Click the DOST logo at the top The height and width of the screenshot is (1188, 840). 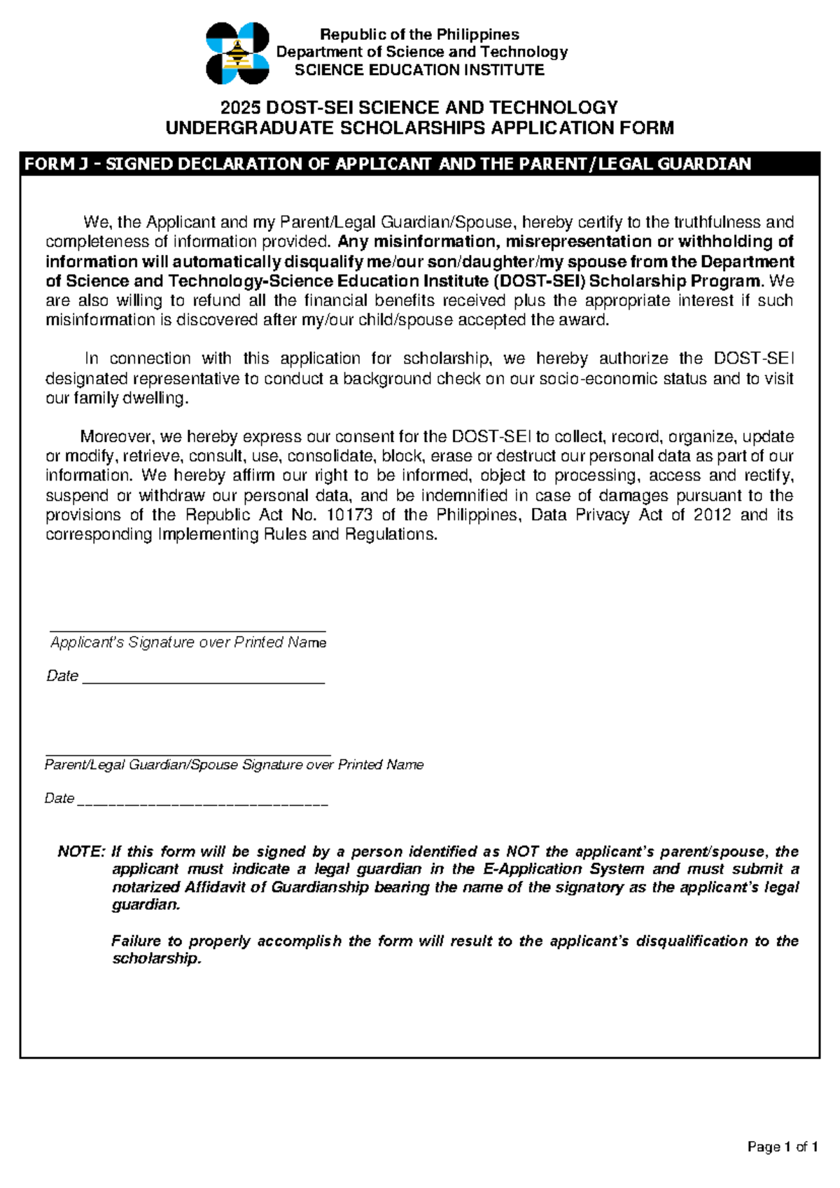tap(237, 53)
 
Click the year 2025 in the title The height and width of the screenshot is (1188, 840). tap(240, 108)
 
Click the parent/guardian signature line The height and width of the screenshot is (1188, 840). tap(188, 753)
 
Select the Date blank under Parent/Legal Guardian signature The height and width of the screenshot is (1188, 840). tap(202, 803)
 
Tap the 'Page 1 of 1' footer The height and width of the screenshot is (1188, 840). tap(782, 1147)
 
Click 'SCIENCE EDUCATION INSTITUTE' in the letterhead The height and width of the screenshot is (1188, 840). tap(419, 70)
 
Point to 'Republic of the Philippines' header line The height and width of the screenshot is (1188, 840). tap(419, 34)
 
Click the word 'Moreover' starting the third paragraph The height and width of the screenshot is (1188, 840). tap(118, 437)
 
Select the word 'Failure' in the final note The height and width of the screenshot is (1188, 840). tap(136, 941)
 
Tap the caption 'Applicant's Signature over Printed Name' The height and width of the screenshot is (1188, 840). tap(188, 642)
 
